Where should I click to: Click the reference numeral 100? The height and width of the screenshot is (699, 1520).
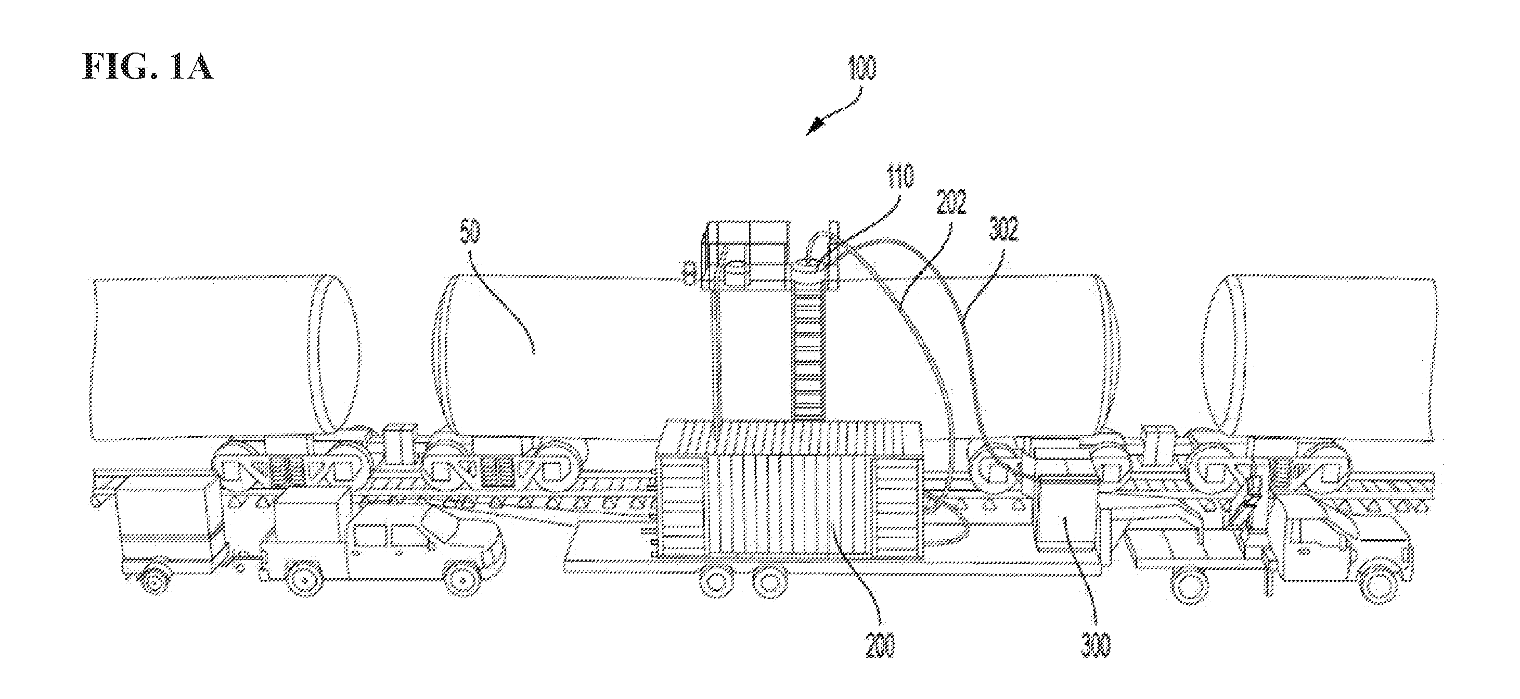coord(862,69)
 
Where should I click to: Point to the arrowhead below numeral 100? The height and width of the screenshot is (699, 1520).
coord(816,126)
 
